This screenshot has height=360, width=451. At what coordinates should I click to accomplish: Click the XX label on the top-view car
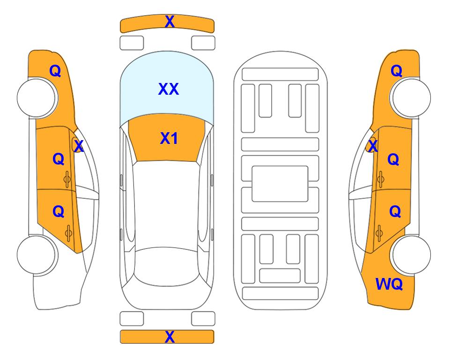[169, 89]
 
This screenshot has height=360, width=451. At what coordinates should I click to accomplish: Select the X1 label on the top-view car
[169, 139]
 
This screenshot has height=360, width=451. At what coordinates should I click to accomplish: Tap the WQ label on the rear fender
[389, 284]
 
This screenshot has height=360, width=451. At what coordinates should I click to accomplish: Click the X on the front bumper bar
[170, 22]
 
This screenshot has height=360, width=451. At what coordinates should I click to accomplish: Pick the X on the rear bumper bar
[170, 337]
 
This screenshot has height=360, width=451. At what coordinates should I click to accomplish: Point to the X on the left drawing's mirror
[79, 146]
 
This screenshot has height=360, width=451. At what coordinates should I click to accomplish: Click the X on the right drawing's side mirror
[373, 146]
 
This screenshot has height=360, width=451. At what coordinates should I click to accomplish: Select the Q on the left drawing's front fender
[55, 71]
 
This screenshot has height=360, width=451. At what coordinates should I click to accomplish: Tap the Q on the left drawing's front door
[59, 159]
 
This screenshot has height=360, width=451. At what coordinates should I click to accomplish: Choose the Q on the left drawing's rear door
[59, 212]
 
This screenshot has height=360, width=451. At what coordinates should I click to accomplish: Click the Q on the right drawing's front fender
[396, 71]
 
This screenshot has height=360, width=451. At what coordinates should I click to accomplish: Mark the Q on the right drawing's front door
[393, 159]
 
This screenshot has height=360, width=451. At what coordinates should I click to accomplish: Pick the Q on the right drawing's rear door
[395, 212]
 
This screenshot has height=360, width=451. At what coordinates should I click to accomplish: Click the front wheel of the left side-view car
[37, 97]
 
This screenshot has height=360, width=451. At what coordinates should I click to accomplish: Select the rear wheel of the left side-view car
[37, 255]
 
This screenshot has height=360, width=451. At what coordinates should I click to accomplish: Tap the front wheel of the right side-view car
[411, 97]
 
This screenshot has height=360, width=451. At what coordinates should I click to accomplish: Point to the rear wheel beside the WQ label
[411, 255]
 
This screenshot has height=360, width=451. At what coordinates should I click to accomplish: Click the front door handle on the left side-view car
[67, 180]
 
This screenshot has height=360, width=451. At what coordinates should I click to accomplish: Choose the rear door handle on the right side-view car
[379, 233]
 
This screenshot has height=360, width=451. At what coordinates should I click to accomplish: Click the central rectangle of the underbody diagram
[280, 184]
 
